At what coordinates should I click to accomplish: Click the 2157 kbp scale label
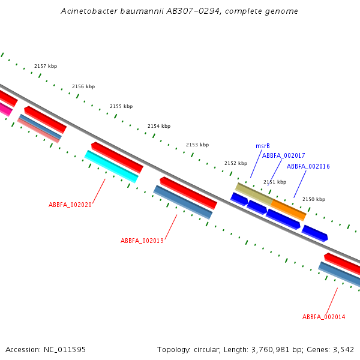[46, 66]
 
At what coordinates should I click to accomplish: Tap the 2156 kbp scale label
[83, 86]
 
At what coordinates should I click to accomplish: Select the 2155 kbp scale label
[121, 106]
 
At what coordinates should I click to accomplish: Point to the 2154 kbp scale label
[159, 126]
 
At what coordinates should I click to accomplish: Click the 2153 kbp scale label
[197, 145]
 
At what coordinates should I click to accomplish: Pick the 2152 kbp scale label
[236, 163]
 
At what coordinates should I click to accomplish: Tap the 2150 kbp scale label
[314, 199]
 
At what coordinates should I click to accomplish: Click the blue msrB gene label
[263, 146]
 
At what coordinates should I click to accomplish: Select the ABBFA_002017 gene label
[284, 155]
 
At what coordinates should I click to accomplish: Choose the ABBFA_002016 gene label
[308, 166]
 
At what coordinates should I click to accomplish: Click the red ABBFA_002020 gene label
[70, 205]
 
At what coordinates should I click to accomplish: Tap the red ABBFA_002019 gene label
[142, 241]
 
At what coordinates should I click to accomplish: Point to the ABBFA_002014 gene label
[323, 317]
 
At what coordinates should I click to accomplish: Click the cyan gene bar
[112, 166]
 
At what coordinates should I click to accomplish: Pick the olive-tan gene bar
[253, 194]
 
